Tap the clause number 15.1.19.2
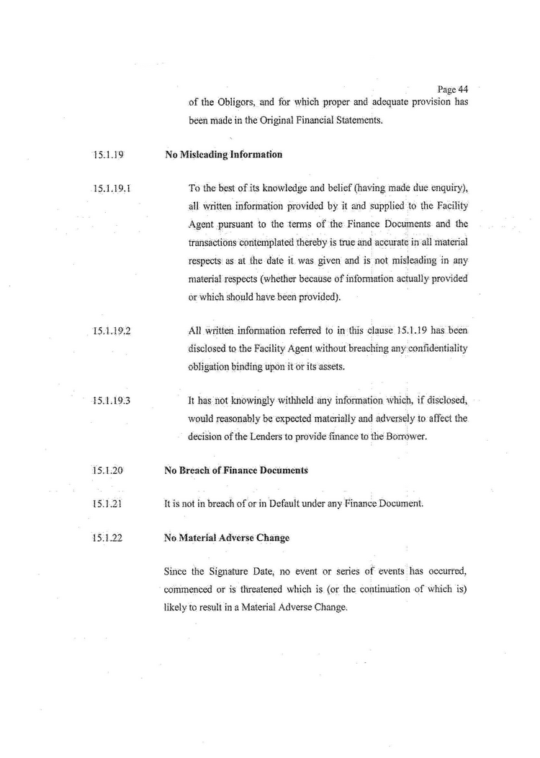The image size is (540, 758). (x=110, y=332)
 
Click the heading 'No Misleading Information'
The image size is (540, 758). (x=223, y=155)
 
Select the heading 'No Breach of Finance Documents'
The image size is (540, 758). (x=236, y=470)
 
